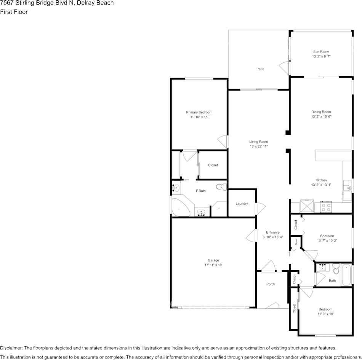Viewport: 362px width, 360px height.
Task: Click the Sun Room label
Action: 321,52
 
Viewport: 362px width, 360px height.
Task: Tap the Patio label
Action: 260,69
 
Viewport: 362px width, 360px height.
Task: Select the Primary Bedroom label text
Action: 199,112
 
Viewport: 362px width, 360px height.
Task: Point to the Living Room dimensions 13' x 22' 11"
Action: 259,147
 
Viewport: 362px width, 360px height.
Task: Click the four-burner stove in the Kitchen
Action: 327,207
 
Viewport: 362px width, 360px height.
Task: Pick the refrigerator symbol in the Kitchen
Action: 307,206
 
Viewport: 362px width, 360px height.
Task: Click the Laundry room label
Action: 242,204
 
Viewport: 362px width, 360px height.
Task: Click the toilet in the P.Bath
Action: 221,186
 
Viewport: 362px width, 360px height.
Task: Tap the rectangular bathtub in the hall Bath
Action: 346,275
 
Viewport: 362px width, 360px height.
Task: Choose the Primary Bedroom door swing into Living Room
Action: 223,142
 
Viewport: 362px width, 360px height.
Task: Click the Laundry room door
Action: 260,209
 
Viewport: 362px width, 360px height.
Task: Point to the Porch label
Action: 271,284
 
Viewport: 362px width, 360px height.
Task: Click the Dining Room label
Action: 321,112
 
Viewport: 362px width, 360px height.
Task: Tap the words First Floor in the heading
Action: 14,12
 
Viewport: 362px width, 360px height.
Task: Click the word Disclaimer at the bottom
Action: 11,348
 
